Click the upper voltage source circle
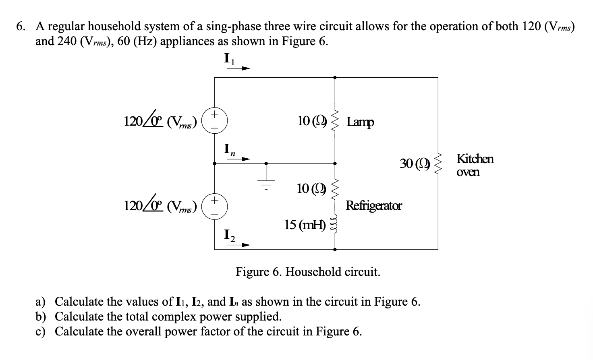[214, 120]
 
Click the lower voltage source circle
[214, 205]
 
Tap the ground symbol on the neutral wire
[265, 182]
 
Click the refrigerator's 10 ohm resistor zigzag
[334, 189]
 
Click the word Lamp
[360, 122]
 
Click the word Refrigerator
[373, 206]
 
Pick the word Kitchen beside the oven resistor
[475, 159]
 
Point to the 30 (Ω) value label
[415, 163]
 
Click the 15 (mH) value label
[305, 225]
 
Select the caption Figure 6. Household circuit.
[308, 272]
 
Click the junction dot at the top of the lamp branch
[334, 77]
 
